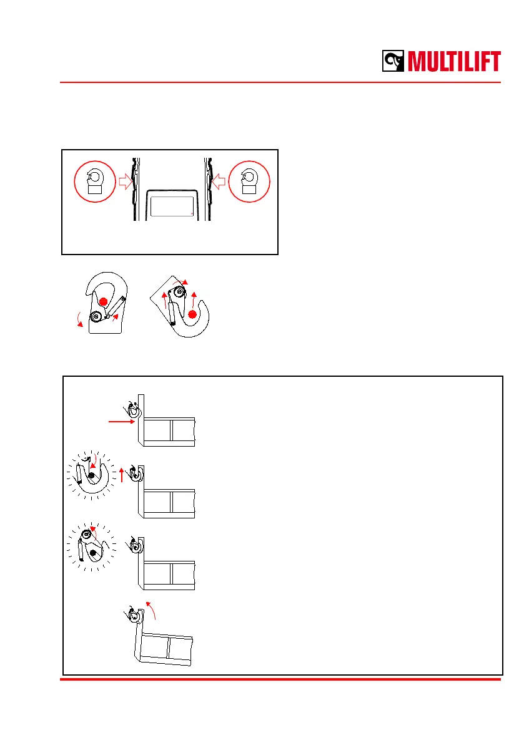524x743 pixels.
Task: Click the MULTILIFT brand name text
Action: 454,62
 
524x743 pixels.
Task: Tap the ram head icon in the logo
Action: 394,62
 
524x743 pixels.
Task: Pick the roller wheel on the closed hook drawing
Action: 97,318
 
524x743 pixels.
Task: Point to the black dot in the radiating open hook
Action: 92,476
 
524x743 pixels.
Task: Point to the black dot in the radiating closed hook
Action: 92,553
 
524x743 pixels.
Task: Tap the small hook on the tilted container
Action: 132,614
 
